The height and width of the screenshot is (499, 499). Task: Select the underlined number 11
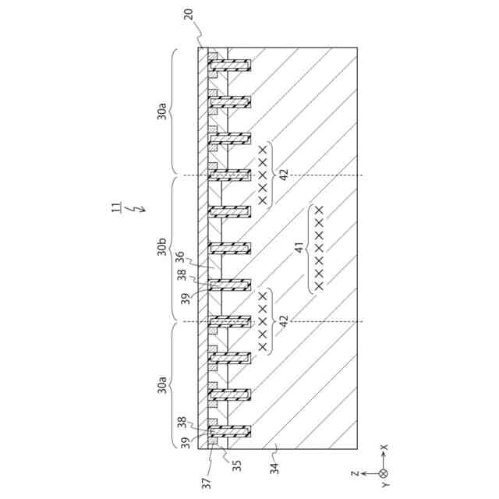pos(115,208)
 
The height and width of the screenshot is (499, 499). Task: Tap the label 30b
pos(161,249)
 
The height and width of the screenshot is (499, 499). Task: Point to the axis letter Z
pos(354,472)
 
